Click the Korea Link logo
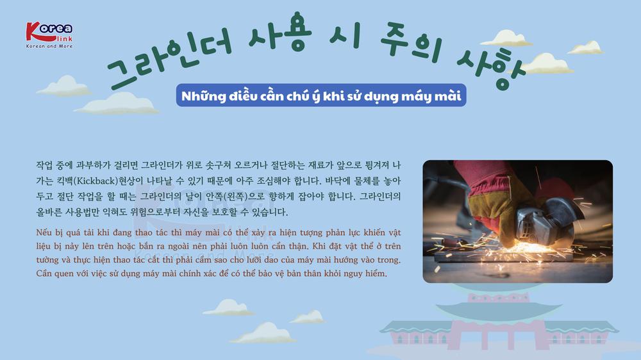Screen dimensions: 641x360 49,35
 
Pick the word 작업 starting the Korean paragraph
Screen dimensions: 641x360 44,165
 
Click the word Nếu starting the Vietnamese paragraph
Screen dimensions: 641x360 44,233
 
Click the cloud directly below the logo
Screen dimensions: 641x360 64,86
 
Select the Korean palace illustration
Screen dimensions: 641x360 499,323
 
